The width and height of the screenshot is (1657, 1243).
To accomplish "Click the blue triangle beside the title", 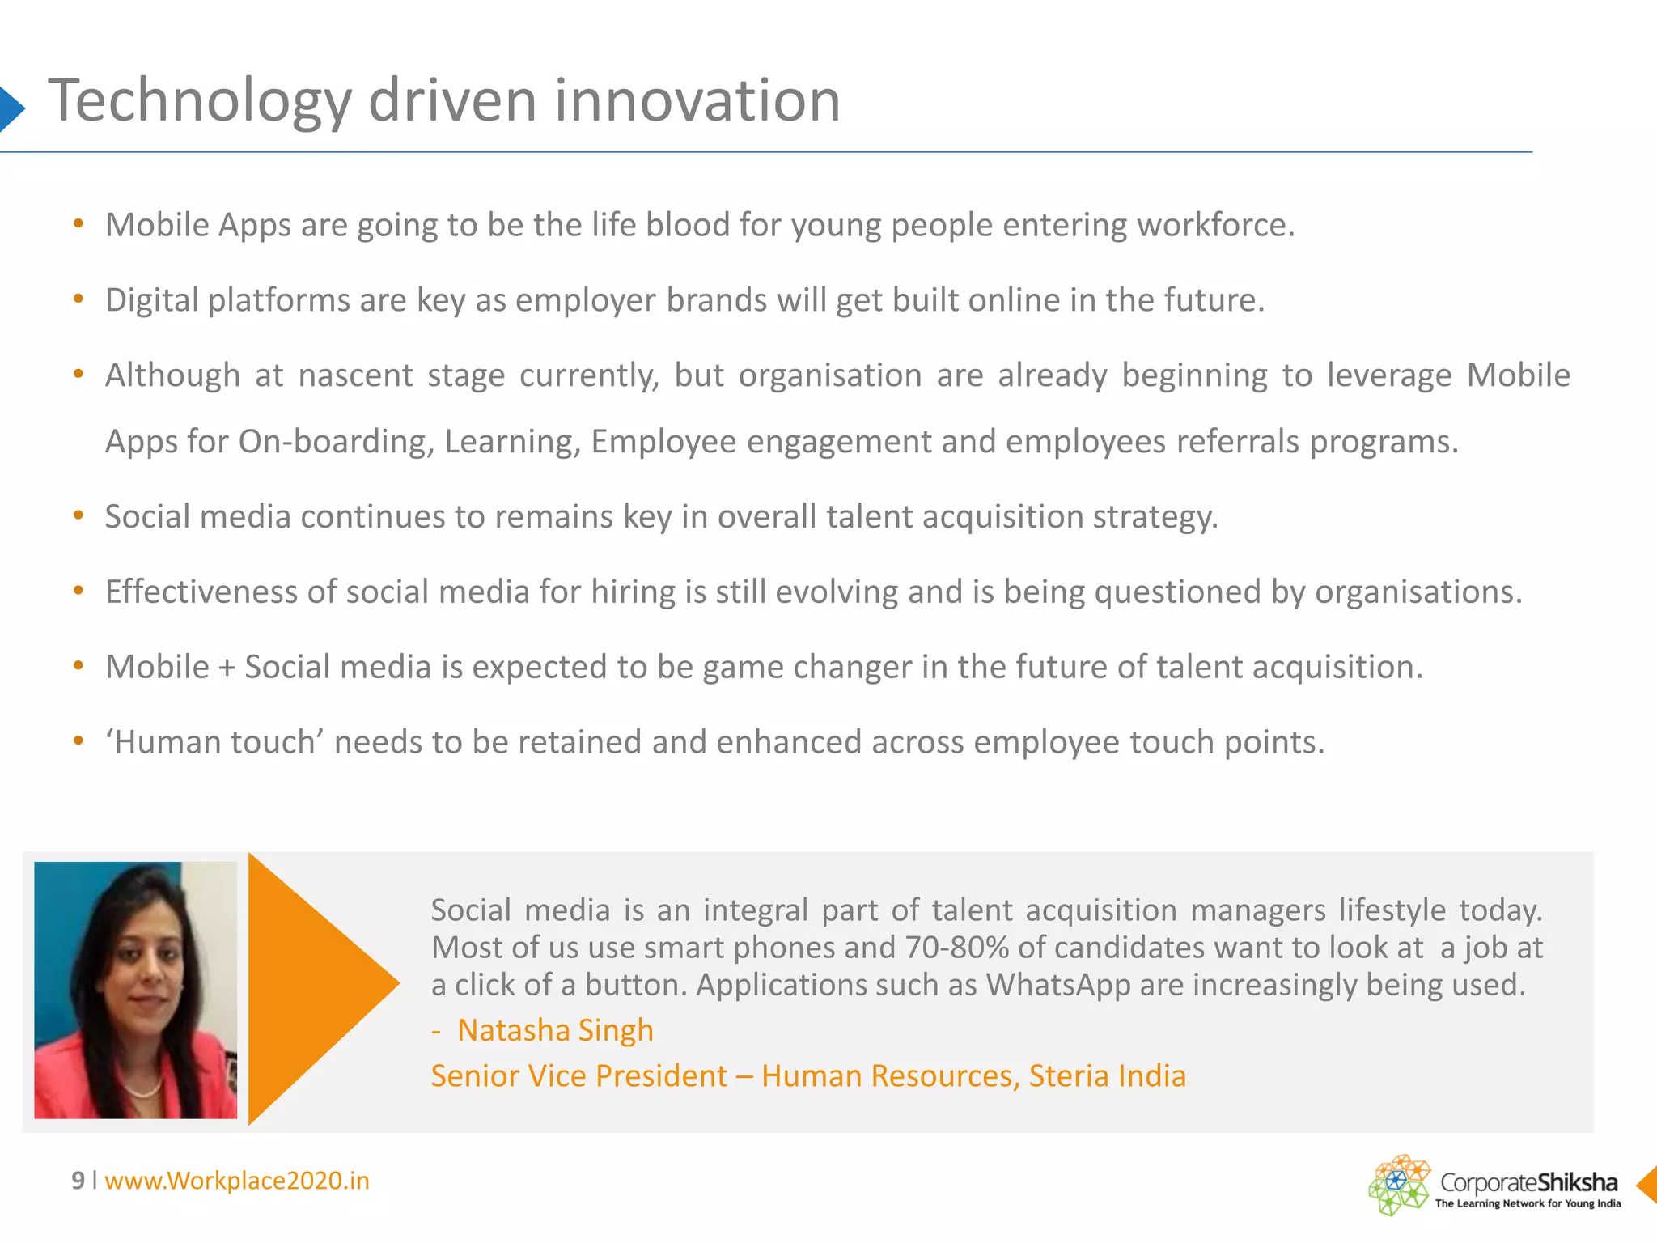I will tap(11, 108).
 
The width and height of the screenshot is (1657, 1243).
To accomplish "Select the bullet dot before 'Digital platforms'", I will tap(78, 299).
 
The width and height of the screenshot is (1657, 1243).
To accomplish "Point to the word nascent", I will tap(355, 376).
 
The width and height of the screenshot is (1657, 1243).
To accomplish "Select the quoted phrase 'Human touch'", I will tap(214, 742).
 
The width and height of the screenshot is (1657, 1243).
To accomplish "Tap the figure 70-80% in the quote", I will tap(956, 948).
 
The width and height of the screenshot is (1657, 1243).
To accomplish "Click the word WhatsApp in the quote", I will tap(1057, 985).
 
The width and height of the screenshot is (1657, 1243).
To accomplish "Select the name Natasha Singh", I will tap(555, 1030).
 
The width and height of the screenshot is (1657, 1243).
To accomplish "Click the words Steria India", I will tap(1107, 1076).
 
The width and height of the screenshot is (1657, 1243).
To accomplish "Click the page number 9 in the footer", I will tap(78, 1181).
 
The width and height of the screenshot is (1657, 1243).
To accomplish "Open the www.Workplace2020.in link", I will tap(237, 1181).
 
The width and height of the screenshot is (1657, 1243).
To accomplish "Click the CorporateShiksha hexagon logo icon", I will tap(1398, 1185).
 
